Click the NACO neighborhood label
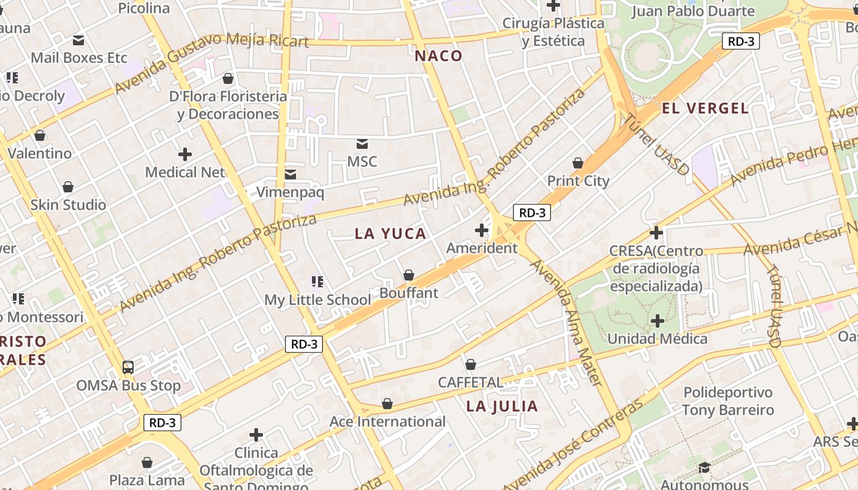[x=438, y=56]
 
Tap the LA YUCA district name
[x=390, y=233]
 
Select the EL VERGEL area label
[x=705, y=108]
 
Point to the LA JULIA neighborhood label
[x=502, y=406]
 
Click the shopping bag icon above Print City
[x=577, y=163]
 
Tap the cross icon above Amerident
[x=482, y=230]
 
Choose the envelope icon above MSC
[x=362, y=144]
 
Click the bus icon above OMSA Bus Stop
[x=128, y=367]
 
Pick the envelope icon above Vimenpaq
[x=290, y=175]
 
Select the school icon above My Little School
[x=317, y=282]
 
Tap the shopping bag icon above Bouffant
[x=409, y=276]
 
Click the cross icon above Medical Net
[x=185, y=154]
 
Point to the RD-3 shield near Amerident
[x=531, y=213]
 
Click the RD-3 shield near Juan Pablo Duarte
[x=741, y=41]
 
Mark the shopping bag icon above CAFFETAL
[x=471, y=365]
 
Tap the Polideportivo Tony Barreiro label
[x=728, y=401]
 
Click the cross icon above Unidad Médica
[x=658, y=321]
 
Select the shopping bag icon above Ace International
[x=387, y=404]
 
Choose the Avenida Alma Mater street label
[x=568, y=322]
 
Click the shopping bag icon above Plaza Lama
[x=147, y=462]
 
